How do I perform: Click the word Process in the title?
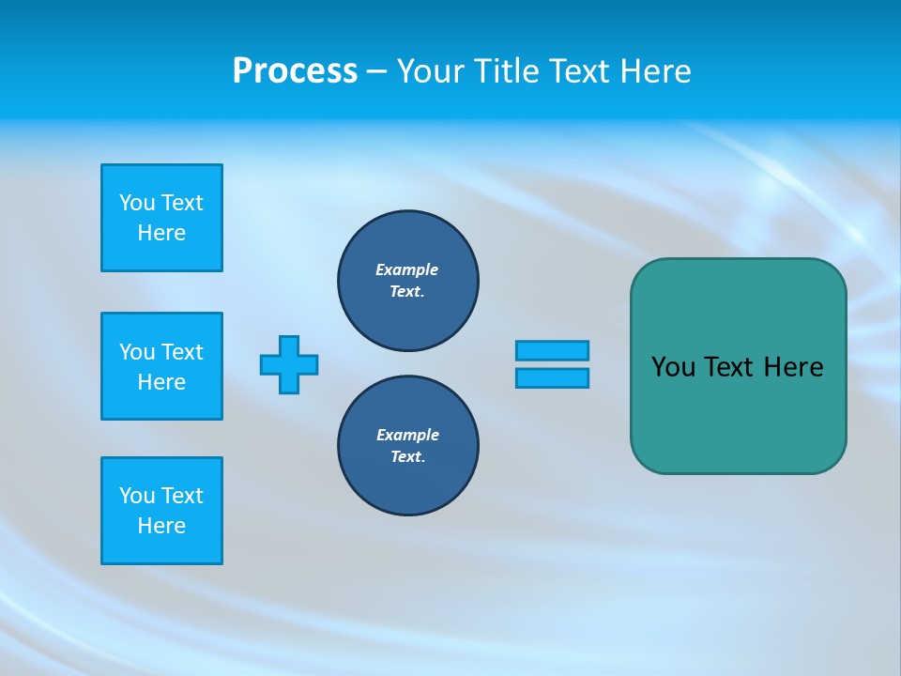click(x=295, y=71)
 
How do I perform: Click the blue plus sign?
click(x=289, y=364)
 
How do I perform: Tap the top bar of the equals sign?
click(x=552, y=350)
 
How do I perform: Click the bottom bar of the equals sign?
click(x=552, y=377)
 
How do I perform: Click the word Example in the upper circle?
click(x=407, y=269)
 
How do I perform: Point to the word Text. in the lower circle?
click(x=407, y=456)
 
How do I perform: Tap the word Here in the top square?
click(x=161, y=233)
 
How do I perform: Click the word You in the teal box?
click(x=673, y=367)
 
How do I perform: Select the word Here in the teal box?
click(x=793, y=367)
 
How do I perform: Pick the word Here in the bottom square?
click(x=161, y=526)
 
